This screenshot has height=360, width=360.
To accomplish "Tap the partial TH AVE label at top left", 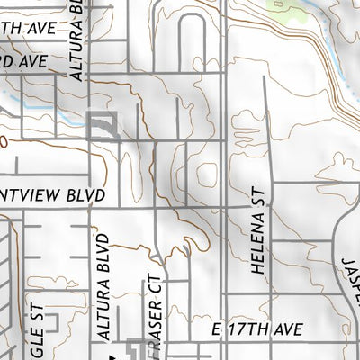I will point(27,28).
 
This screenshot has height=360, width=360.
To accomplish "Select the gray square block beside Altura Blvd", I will point(104,125).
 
